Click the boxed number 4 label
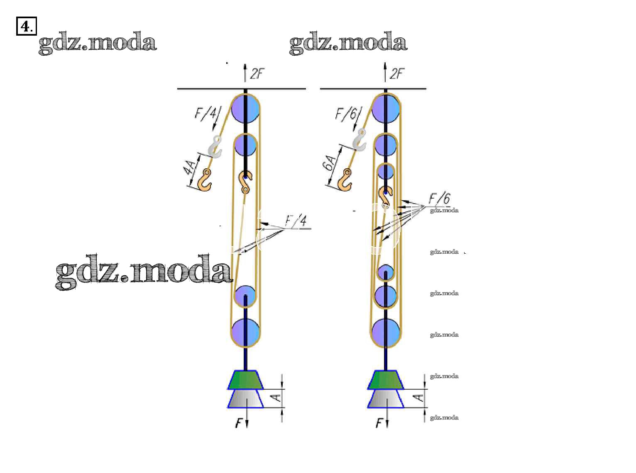26,27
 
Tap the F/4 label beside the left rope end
206,113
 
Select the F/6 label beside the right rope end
346,113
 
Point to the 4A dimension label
191,168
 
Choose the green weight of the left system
245,380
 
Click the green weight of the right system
386,380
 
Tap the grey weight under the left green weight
245,399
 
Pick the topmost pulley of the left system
245,109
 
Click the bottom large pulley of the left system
245,332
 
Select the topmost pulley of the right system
386,109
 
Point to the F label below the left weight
239,423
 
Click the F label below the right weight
379,423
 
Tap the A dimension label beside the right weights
420,398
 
